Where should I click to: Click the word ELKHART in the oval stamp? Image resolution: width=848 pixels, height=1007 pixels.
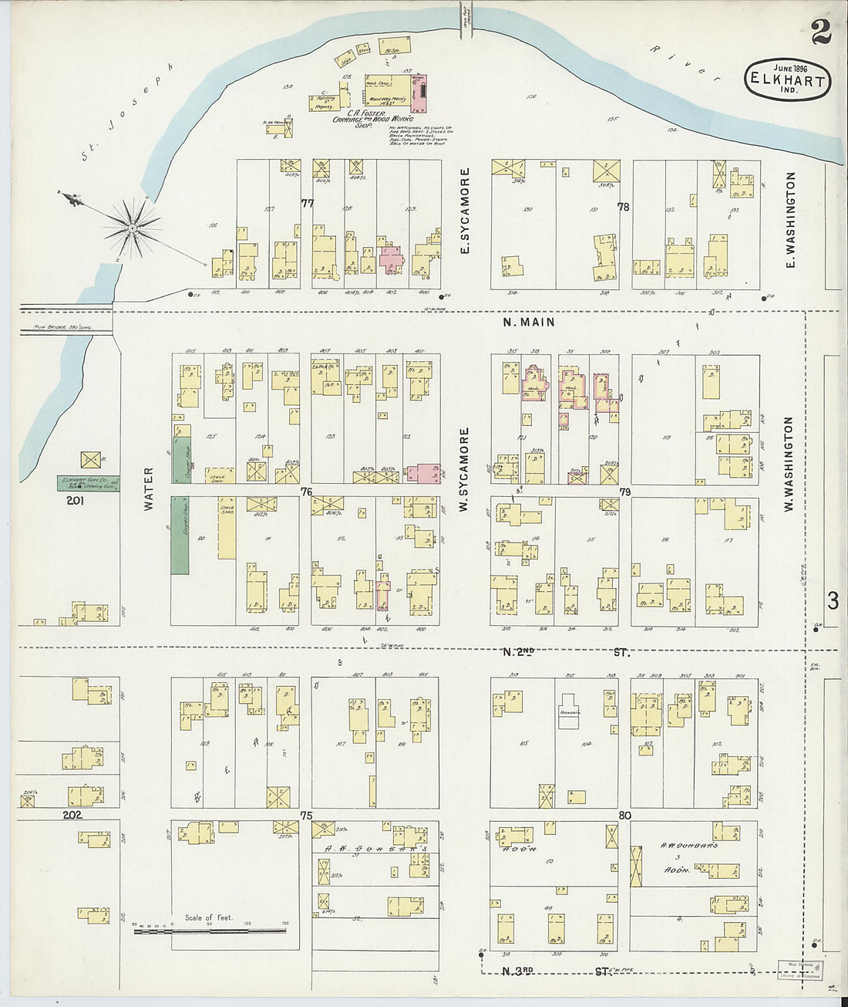tap(787, 80)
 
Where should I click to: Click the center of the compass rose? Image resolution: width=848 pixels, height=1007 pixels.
tap(133, 228)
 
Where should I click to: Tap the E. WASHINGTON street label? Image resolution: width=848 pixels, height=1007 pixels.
tap(790, 220)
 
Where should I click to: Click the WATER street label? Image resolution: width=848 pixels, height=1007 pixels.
tap(149, 488)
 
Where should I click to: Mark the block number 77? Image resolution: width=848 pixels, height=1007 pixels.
tap(308, 203)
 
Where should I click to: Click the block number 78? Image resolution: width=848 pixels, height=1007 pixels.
tap(623, 207)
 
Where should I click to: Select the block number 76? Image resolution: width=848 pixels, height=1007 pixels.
tap(306, 492)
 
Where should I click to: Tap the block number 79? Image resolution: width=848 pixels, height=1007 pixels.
tap(624, 492)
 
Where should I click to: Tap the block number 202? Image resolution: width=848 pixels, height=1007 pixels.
tap(72, 814)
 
